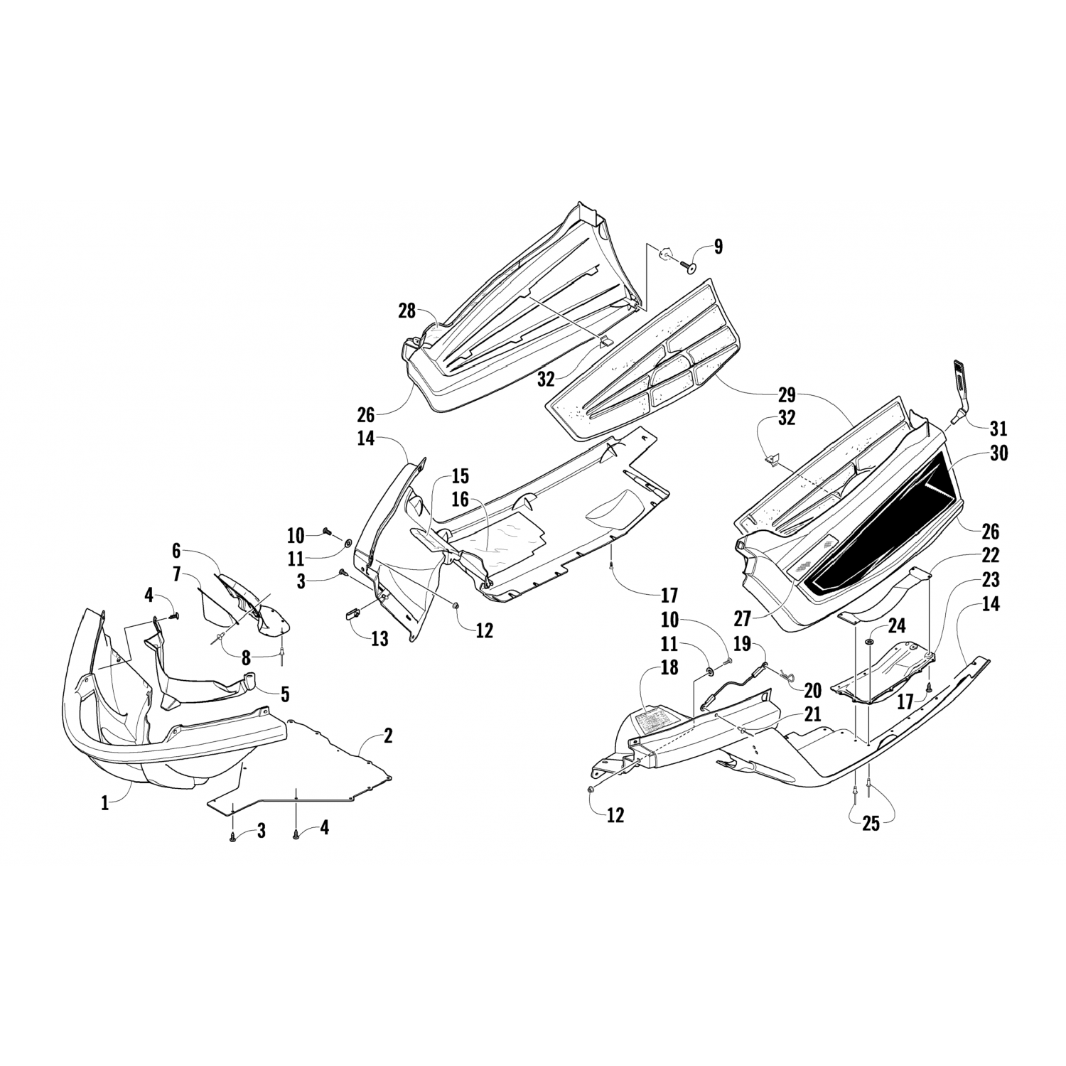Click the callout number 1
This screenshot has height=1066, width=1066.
pyautogui.click(x=105, y=804)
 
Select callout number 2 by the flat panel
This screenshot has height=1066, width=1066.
pyautogui.click(x=387, y=736)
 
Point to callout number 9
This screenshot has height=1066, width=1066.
pyautogui.click(x=718, y=247)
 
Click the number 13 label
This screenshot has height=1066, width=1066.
pyautogui.click(x=379, y=638)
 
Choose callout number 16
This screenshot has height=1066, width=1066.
pyautogui.click(x=461, y=500)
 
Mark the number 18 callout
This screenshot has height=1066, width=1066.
pyautogui.click(x=669, y=667)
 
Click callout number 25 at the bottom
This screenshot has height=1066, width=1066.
pyautogui.click(x=871, y=824)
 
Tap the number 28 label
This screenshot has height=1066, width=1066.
pyautogui.click(x=407, y=311)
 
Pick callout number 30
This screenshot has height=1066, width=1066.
pyautogui.click(x=998, y=453)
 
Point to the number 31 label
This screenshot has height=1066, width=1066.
pyautogui.click(x=998, y=429)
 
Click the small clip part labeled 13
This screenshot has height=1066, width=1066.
pyautogui.click(x=353, y=613)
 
